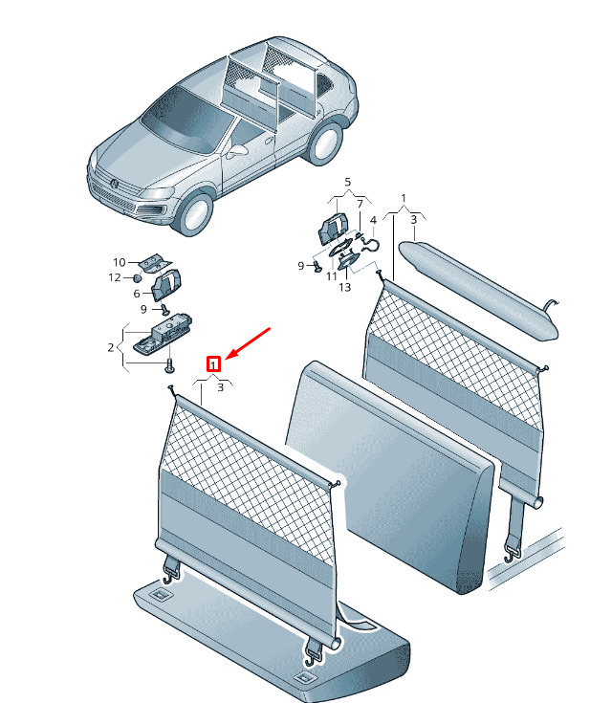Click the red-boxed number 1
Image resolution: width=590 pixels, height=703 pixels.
tap(213, 364)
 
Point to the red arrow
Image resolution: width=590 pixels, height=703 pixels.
tap(248, 343)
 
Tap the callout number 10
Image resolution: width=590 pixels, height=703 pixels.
tap(120, 262)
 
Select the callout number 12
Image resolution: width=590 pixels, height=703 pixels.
tap(115, 277)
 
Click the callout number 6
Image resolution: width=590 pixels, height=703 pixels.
tap(137, 294)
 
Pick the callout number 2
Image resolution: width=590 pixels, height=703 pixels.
tap(111, 347)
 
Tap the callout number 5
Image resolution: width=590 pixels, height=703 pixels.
tap(348, 183)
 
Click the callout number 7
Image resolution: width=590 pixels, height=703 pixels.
tap(360, 205)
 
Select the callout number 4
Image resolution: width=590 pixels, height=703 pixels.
tap(374, 220)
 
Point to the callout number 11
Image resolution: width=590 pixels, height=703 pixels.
tap(332, 276)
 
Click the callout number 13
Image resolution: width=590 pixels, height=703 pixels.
tap(345, 287)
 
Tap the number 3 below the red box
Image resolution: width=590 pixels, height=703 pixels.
tap(220, 387)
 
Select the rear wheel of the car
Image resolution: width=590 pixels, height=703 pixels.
tap(325, 143)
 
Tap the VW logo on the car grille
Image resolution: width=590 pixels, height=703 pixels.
tap(115, 183)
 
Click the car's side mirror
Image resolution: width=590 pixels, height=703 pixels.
tap(236, 151)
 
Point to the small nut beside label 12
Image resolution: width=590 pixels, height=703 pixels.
tap(137, 278)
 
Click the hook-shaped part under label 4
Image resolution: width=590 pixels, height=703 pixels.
tap(370, 245)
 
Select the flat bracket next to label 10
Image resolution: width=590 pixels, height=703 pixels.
tap(155, 263)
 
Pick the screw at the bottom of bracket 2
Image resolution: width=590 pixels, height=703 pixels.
tap(170, 366)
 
